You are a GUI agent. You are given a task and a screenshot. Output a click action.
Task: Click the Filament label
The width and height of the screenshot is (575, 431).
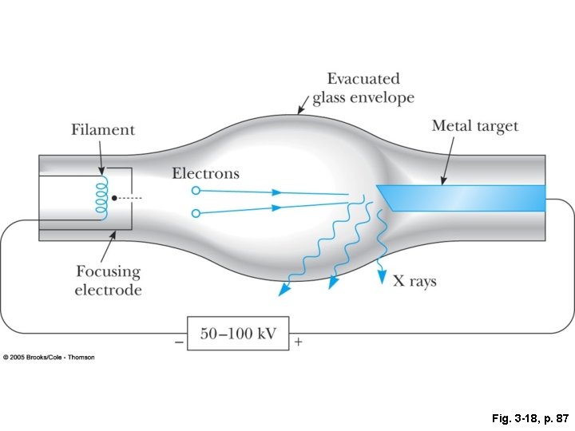[103, 130]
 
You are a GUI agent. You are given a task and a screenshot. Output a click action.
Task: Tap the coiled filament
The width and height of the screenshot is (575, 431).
[101, 197]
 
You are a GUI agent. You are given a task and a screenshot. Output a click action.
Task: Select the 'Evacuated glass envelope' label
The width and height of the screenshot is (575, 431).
[363, 89]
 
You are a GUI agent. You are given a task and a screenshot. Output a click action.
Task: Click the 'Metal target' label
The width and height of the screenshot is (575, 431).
[474, 126]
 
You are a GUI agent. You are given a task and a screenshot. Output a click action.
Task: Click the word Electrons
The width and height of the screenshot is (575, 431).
[205, 173]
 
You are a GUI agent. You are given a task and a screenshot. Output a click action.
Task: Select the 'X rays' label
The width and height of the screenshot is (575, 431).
[414, 281]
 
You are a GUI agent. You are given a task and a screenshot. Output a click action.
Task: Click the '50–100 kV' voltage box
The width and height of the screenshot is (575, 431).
[238, 334]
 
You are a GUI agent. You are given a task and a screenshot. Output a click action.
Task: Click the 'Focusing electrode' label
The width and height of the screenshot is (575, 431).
[108, 281]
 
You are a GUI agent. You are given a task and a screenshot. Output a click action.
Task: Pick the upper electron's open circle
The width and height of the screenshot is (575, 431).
[196, 191]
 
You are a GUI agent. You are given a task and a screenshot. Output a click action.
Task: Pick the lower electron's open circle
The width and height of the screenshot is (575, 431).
[196, 213]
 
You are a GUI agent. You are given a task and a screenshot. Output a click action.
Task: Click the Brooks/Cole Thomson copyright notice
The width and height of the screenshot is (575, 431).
[50, 357]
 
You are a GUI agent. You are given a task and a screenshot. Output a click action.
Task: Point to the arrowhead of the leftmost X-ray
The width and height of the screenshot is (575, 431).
[282, 291]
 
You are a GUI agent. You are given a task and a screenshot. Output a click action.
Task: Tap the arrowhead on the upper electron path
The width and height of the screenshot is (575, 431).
[276, 192]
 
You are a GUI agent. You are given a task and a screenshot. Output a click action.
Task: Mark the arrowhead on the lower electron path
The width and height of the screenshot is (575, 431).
[276, 208]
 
